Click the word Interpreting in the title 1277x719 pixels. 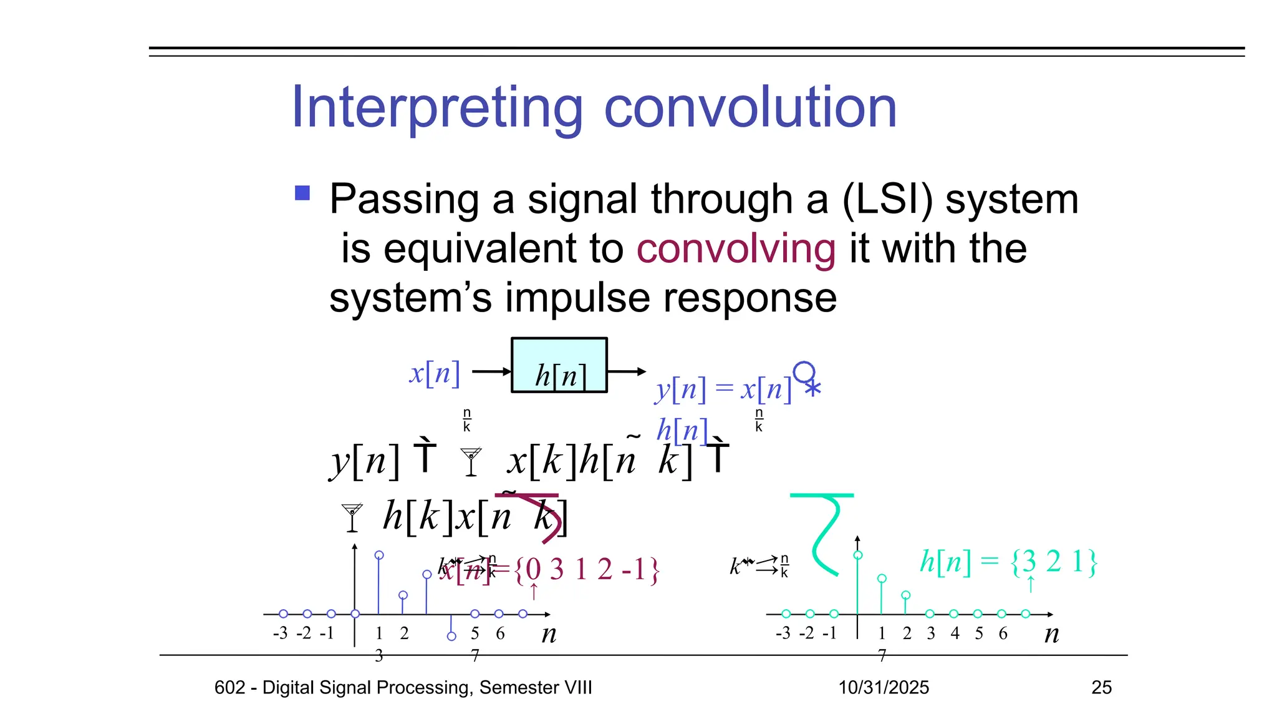pos(437,108)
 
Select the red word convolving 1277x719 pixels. pos(736,248)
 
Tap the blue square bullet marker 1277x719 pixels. pos(302,193)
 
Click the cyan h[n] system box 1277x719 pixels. pos(559,365)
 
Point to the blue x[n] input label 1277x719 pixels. pos(435,373)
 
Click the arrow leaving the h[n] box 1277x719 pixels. pos(626,372)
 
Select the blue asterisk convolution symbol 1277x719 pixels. pos(812,388)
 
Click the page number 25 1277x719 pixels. pos(1101,687)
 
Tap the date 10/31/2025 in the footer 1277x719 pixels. pos(884,687)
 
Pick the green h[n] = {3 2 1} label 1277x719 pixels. pos(1008,562)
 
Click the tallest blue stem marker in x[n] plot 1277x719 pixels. pos(379,555)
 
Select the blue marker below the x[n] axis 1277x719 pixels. pos(451,636)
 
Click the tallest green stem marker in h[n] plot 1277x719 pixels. pos(858,555)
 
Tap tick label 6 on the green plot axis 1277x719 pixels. pos(1003,633)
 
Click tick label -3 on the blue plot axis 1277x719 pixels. pos(280,633)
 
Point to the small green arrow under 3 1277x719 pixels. pos(1031,585)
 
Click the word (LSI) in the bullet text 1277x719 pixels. pos(888,200)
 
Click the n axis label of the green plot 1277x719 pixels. pos(1051,634)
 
